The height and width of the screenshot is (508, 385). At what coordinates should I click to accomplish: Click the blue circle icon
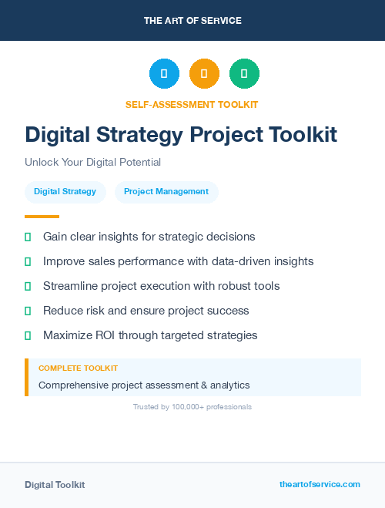point(164,73)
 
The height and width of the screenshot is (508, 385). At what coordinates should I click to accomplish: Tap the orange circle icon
point(204,73)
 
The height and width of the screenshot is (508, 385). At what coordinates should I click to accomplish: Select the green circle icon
point(244,73)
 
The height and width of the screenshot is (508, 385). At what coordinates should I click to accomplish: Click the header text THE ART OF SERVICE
point(192,21)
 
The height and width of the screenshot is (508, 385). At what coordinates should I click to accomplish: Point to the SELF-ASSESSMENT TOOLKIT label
point(192,104)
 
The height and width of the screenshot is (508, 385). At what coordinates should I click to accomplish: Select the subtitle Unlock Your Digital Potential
point(92,163)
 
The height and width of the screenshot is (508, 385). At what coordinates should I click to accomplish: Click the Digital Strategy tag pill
point(65,192)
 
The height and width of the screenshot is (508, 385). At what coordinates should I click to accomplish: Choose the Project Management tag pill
point(166,192)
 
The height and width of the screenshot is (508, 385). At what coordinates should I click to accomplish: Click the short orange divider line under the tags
point(42,217)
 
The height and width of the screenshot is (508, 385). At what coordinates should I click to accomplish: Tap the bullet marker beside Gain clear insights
point(28,237)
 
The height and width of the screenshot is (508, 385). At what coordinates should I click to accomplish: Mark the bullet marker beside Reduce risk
point(28,311)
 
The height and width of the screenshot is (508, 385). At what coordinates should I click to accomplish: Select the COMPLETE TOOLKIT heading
point(78,368)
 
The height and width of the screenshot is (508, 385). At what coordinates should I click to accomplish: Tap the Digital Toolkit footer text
point(55,485)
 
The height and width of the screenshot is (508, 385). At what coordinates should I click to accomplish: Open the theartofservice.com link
point(320,484)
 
